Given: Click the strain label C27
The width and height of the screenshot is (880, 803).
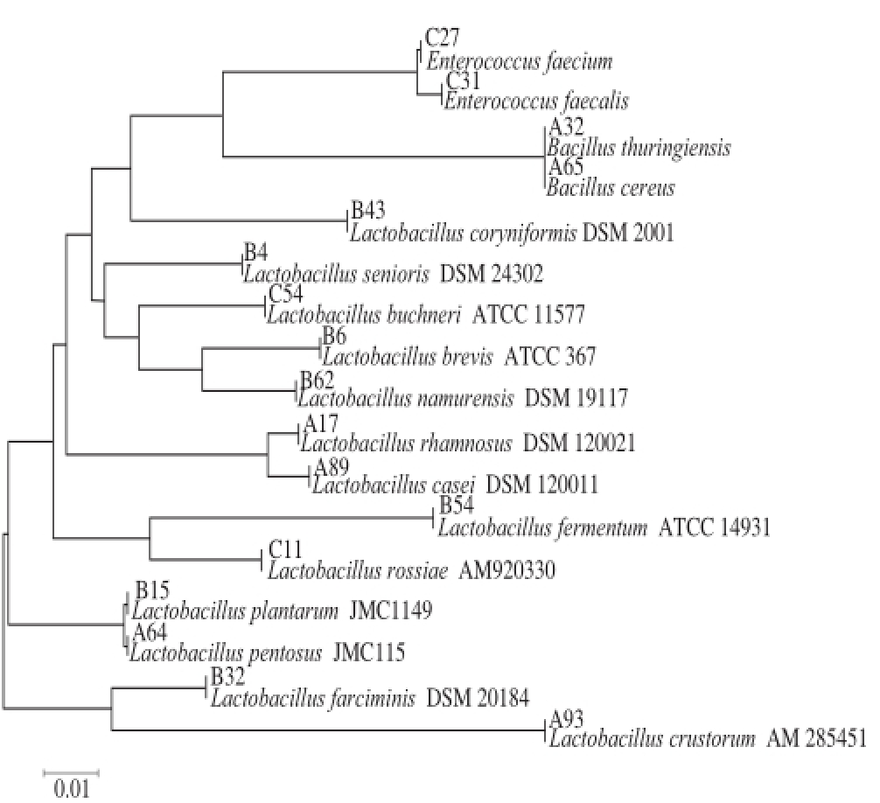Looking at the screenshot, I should pos(442,38).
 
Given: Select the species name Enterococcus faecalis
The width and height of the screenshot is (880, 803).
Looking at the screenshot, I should pos(536,101).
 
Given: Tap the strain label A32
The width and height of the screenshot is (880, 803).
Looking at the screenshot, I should pos(566,128).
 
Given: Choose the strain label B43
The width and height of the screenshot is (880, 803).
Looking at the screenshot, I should pos(368,211).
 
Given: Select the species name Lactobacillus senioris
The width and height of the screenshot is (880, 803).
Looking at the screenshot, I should pos(336,274).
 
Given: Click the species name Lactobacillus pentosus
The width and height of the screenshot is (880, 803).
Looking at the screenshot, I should pos(227,653).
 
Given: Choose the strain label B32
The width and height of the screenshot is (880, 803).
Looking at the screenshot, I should pos(227,676).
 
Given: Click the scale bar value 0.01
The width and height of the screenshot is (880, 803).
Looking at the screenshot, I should pos(71,789).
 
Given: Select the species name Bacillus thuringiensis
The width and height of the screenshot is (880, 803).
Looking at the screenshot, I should pos(639,148).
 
